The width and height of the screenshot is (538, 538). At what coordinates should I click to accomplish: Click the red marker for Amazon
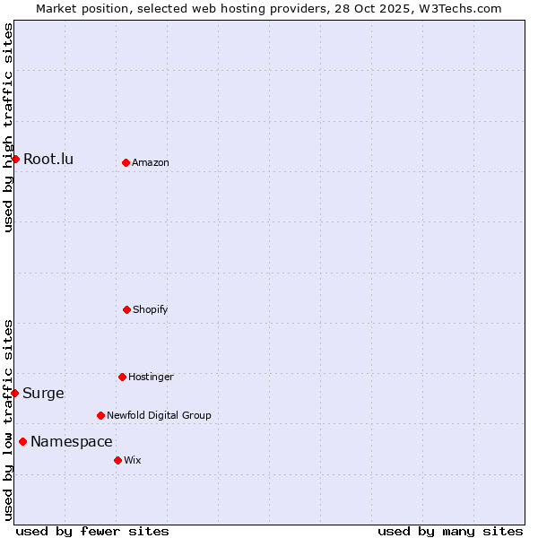point(126,162)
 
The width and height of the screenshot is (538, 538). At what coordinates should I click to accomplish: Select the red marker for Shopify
point(126,309)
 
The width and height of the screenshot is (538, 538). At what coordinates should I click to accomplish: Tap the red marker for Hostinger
point(122,377)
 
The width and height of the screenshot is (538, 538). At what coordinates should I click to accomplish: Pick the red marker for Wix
point(117,460)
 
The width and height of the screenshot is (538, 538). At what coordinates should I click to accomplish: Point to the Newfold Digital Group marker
point(100,415)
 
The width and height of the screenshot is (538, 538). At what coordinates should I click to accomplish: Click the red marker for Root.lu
point(15,159)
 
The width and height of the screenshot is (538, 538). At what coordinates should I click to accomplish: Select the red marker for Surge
point(14,393)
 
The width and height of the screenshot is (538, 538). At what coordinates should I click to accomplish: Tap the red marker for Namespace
point(22,441)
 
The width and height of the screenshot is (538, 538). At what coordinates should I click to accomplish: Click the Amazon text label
point(151,163)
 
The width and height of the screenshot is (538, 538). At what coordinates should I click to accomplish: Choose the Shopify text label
point(151,310)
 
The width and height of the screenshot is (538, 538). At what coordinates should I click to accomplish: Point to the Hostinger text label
point(151,377)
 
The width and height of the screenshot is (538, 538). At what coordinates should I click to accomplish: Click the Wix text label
point(133,461)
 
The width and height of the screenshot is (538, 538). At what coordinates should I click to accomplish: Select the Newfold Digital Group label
point(159,416)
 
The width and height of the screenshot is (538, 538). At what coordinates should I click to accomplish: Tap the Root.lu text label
point(48,160)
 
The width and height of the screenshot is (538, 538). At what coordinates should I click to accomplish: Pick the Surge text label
point(43,394)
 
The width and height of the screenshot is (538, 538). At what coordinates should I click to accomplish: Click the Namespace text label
point(72,442)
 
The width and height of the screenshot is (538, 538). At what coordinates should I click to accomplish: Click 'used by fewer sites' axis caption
point(92,531)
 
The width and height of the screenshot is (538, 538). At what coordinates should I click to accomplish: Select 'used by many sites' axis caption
point(450,531)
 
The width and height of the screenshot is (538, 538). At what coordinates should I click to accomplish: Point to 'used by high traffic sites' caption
point(8,127)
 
